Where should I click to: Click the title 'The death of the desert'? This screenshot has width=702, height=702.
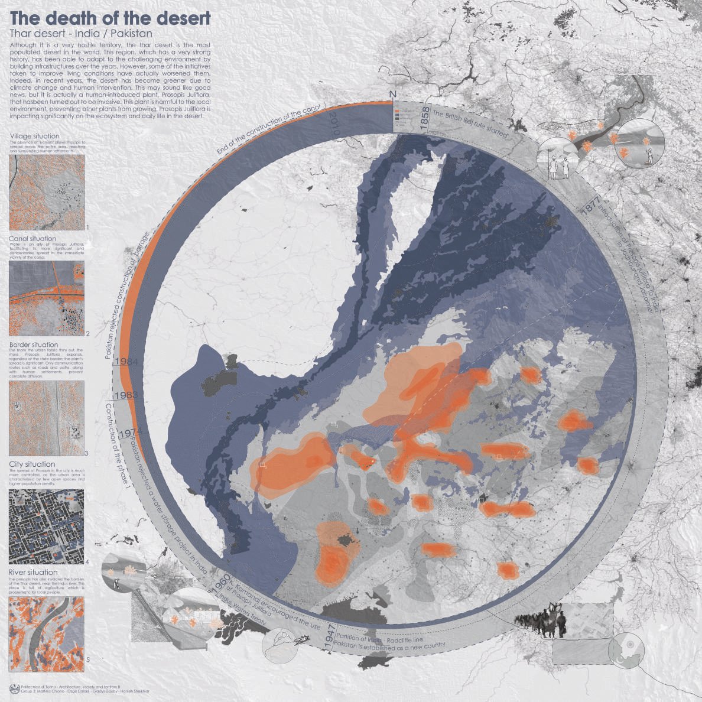click(110, 18)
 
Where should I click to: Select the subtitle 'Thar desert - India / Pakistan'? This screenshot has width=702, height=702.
click(81, 34)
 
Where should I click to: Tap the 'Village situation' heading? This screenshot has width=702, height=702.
click(34, 136)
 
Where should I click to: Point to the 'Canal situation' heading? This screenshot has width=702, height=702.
click(32, 239)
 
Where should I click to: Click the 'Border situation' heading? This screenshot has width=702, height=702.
click(34, 344)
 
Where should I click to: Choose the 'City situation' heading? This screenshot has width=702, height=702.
click(32, 464)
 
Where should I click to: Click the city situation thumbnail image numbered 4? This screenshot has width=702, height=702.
click(47, 525)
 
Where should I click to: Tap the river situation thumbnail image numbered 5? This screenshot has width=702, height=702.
click(47, 630)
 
